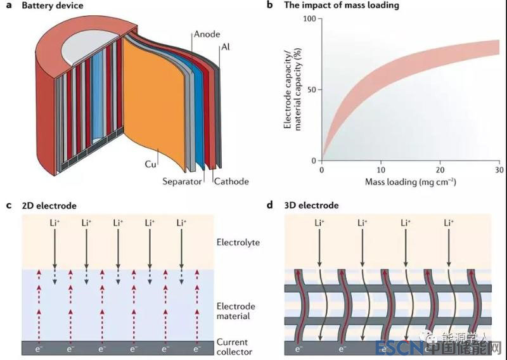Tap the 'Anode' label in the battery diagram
point(207,35)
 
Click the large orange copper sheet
point(152,101)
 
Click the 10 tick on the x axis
point(381,170)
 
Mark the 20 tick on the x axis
point(440,170)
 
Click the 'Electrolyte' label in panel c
point(238,242)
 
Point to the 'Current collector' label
point(234,347)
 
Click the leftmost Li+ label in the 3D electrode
point(319,222)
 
